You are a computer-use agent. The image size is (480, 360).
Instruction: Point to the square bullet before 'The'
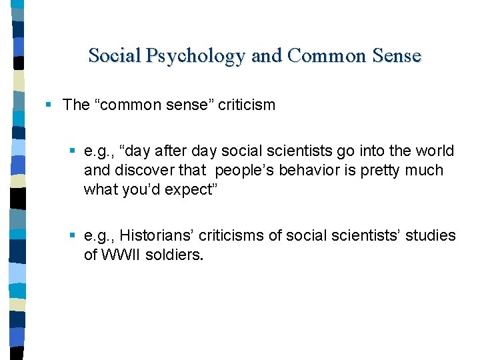(x=49, y=105)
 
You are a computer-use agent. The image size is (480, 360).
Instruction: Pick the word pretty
(x=381, y=171)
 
